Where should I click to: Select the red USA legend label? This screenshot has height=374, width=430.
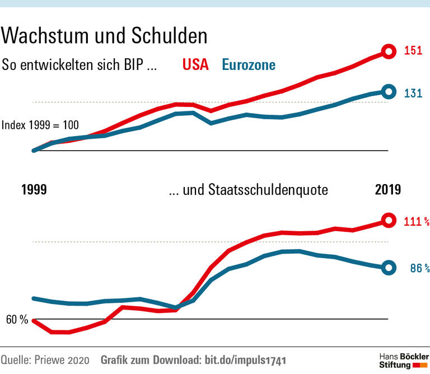pos(195,64)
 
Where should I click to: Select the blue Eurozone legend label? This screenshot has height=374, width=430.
pos(249,64)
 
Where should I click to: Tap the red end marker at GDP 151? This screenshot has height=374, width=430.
pos(387,52)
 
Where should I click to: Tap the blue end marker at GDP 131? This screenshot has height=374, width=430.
pos(387,92)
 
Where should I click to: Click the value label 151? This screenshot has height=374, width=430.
pos(413,52)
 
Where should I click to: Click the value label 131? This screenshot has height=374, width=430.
pos(413,93)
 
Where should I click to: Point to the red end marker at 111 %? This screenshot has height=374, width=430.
pos(387,220)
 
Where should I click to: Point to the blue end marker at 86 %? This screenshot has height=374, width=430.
pos(387,268)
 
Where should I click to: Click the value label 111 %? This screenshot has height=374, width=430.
pos(416,222)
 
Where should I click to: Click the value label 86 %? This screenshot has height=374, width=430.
pos(419,269)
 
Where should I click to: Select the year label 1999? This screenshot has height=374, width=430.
pos(34,190)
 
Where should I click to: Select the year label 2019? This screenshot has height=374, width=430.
pos(387,190)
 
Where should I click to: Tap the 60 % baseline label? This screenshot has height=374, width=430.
pos(17,320)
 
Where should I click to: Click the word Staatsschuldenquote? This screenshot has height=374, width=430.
pos(268,190)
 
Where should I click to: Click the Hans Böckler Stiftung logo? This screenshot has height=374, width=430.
pos(403,361)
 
